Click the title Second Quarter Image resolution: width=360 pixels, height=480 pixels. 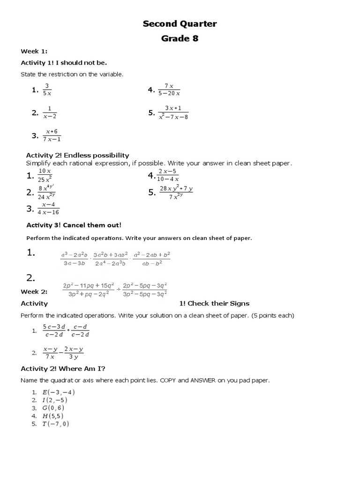[180, 24]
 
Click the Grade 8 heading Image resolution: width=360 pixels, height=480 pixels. [180, 38]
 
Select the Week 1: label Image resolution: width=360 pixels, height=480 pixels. [34, 51]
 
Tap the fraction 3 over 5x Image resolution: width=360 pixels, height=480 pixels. [47, 90]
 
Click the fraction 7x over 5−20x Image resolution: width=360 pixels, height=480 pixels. [169, 90]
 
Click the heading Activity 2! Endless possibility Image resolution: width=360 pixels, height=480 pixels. [77, 155]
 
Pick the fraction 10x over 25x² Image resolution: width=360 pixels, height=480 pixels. [45, 175]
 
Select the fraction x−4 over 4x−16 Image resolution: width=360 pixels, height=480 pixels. [48, 209]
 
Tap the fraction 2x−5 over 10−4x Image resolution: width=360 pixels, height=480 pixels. [168, 175]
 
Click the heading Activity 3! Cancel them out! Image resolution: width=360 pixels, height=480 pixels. [74, 225]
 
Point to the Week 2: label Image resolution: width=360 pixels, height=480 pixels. [34, 292]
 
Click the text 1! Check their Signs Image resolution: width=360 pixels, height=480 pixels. [214, 303]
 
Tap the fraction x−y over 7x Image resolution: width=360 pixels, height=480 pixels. [50, 353]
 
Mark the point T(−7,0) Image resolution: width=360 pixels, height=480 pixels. [56, 424]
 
